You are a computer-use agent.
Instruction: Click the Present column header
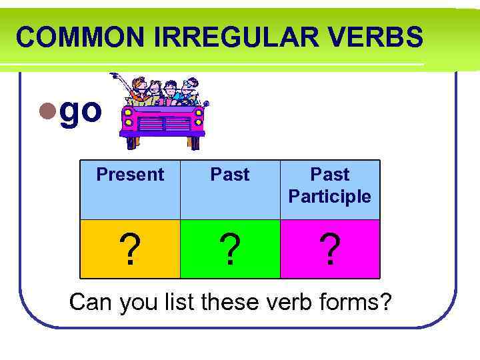[130, 175]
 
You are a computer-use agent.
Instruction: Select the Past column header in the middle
[230, 175]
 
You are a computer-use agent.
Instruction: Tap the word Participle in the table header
[330, 197]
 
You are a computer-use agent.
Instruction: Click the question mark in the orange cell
[131, 250]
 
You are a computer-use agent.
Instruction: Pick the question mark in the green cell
[230, 250]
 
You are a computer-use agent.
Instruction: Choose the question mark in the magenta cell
[330, 250]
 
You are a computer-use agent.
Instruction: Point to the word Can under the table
[91, 302]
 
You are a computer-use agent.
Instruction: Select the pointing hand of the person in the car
[114, 76]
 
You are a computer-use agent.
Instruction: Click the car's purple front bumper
[163, 135]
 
